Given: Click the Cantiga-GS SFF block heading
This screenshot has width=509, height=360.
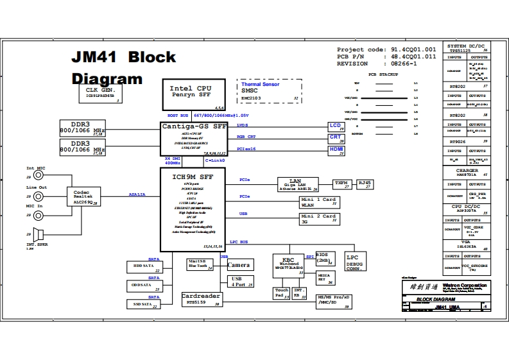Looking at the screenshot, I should [x=193, y=127].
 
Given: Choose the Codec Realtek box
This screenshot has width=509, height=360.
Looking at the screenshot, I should [x=82, y=196].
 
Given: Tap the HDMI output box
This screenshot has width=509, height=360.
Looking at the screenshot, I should [x=337, y=151].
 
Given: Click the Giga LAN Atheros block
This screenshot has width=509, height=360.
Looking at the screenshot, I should [x=297, y=185].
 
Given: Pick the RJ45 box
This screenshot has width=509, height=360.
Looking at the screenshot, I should [x=365, y=184].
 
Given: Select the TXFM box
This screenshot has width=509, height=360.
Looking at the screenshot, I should [x=341, y=184].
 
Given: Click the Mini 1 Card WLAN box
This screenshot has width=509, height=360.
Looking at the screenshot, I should [x=319, y=202].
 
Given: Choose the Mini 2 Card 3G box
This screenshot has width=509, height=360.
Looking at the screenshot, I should [x=319, y=219].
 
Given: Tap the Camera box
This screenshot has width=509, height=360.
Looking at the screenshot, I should [x=238, y=265].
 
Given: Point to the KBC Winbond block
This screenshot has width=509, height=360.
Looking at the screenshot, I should [x=287, y=266].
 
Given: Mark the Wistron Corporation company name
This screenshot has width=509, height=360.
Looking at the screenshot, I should [x=463, y=285].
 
